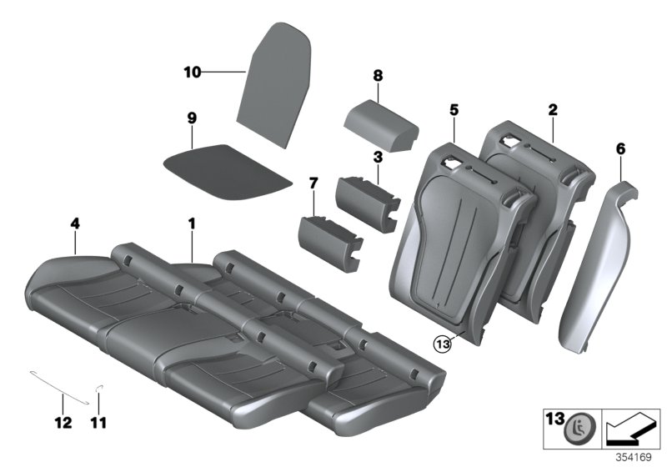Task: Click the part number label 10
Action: coord(192,73)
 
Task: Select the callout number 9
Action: coord(192,118)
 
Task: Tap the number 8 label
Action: coord(378,76)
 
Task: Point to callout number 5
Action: coord(454,109)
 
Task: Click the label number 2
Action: coord(552,109)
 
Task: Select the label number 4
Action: coord(75,223)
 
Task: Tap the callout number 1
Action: coord(191,223)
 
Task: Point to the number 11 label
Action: coord(99,424)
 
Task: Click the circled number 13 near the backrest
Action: coord(442,342)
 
